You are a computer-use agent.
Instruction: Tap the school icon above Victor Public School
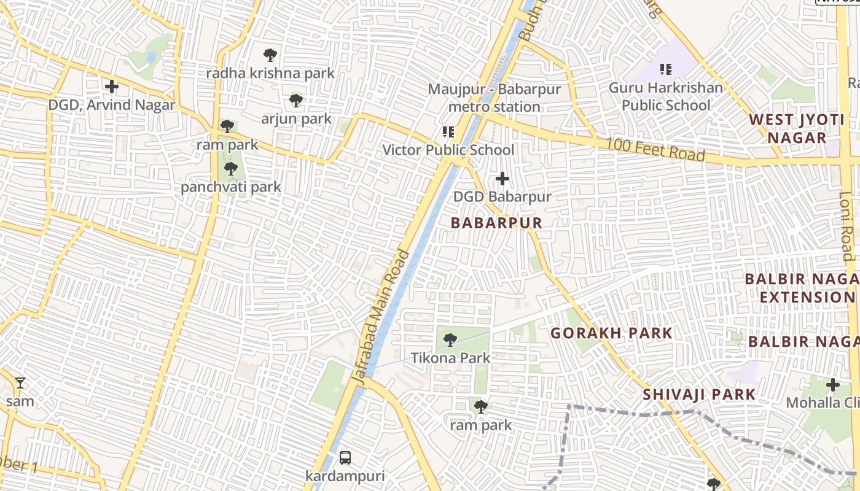tap(448, 132)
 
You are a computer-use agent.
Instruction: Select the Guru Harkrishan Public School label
tap(666, 96)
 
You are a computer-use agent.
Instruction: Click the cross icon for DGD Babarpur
tap(502, 179)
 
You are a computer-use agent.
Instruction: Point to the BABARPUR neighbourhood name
tap(496, 223)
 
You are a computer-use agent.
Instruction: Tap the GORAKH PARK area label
tap(611, 333)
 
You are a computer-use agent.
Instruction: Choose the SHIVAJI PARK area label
tap(698, 394)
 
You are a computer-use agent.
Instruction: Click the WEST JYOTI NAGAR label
tap(797, 128)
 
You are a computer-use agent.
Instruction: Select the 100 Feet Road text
tap(655, 150)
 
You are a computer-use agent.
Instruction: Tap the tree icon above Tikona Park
tap(450, 339)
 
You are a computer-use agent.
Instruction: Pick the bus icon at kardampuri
tap(345, 458)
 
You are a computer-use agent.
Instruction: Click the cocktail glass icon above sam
tap(20, 383)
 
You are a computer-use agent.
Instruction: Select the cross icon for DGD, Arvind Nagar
tap(112, 87)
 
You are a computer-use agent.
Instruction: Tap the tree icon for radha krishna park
tap(270, 55)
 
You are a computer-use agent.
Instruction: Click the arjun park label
tap(296, 119)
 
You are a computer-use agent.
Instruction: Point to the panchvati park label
tap(230, 187)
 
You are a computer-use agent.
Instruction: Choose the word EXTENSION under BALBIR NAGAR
tap(807, 298)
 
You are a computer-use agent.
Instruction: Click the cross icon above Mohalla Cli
tap(832, 385)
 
